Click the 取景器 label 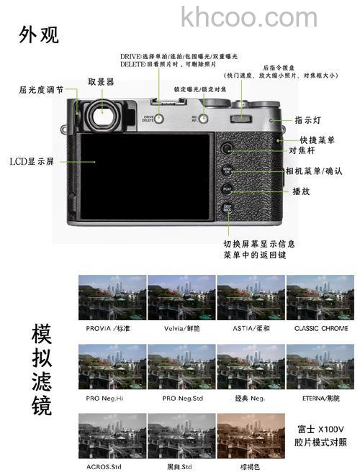click(x=101, y=82)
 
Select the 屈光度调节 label click(x=40, y=90)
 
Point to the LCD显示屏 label click(x=32, y=161)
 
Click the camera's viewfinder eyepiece click(x=102, y=112)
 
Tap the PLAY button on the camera click(x=227, y=191)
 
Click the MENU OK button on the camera click(x=227, y=171)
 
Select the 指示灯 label click(x=308, y=120)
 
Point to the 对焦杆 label click(x=302, y=151)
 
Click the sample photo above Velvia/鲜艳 click(x=181, y=297)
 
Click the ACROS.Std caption click(x=112, y=467)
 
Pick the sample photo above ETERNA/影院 click(x=320, y=366)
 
